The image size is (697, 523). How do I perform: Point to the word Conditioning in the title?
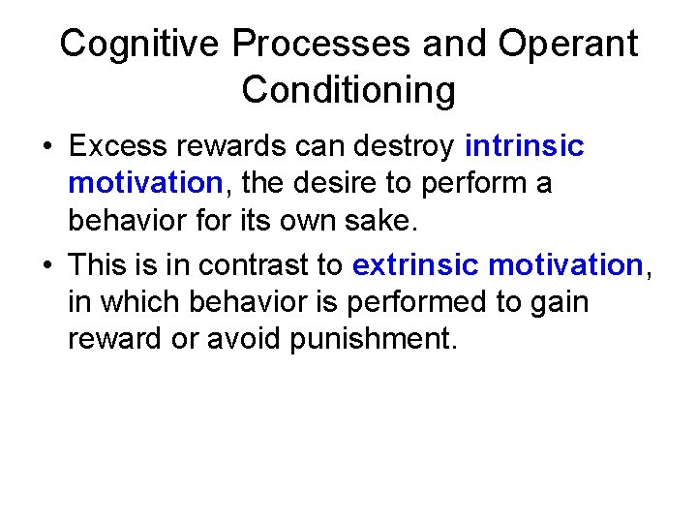pyautogui.click(x=348, y=90)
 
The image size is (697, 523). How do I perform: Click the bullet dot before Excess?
pyautogui.click(x=46, y=148)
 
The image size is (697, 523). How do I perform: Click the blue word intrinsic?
pyautogui.click(x=525, y=146)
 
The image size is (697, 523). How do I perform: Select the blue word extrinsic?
pyautogui.click(x=417, y=264)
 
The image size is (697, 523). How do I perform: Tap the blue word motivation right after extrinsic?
pyautogui.click(x=566, y=264)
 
